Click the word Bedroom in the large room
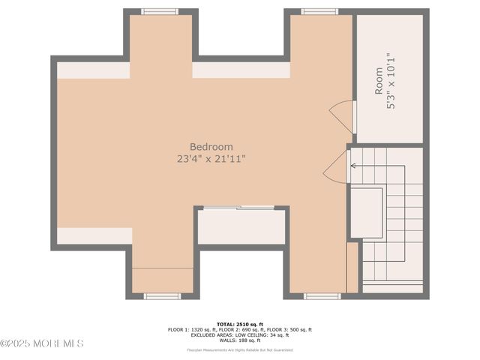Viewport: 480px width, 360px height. coord(211,147)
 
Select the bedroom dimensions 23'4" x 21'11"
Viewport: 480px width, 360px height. coord(211,159)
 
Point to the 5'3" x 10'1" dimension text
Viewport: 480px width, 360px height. coord(390,80)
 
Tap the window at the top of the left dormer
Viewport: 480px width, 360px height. coord(160,11)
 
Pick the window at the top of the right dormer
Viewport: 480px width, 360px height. coord(319,11)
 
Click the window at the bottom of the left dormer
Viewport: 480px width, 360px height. coord(162,296)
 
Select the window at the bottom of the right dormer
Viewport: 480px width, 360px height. coord(322,296)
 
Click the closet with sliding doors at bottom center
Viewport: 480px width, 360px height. coord(241,226)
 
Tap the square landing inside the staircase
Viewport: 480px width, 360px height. coord(367,213)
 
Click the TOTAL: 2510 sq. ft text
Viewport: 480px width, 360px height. coord(240,323)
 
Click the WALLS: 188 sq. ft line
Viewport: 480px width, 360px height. coord(240,340)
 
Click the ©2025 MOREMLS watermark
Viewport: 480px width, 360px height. coord(42,343)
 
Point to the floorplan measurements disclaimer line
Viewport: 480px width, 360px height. coord(240,349)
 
